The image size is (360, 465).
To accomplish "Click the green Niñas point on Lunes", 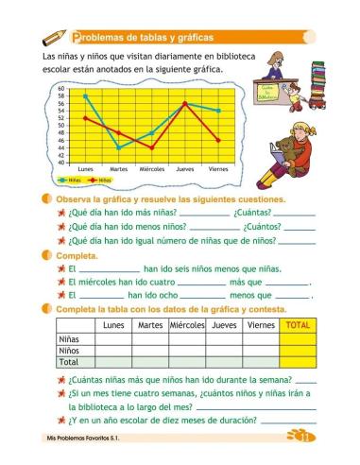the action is click(x=85, y=95).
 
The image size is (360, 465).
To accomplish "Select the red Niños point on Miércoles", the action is click(x=151, y=147).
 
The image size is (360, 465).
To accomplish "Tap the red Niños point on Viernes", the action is click(x=218, y=140).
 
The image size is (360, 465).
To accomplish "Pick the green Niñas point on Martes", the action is click(x=118, y=147).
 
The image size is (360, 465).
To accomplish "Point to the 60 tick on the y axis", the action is click(x=62, y=88).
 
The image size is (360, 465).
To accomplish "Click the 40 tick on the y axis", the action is click(x=62, y=162).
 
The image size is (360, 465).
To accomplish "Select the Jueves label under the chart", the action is click(x=185, y=169).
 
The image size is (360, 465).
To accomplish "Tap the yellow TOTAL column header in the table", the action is click(x=298, y=325).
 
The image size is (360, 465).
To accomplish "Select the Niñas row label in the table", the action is click(x=69, y=337).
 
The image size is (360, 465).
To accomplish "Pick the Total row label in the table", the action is click(x=69, y=361).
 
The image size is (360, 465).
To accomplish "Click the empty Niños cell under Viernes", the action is click(x=260, y=350).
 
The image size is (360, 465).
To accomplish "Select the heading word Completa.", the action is click(x=77, y=256).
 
